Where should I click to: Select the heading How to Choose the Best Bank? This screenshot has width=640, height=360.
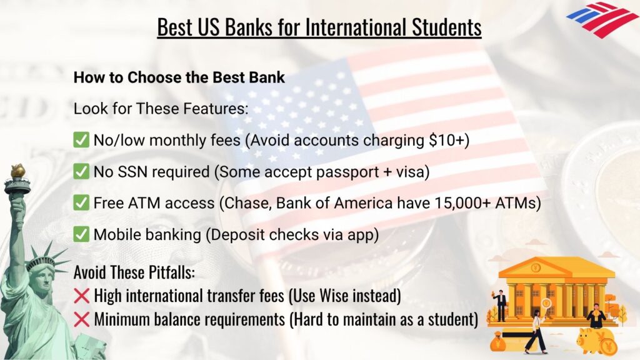tap(179, 78)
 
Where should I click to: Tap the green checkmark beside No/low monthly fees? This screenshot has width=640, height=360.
tap(81, 139)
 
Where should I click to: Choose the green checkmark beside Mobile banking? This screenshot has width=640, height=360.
tap(81, 234)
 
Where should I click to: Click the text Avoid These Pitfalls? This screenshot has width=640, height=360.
tap(136, 273)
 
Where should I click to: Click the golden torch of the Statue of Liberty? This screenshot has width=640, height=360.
tap(17, 171)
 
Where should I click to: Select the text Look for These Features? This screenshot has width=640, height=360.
tap(161, 108)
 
